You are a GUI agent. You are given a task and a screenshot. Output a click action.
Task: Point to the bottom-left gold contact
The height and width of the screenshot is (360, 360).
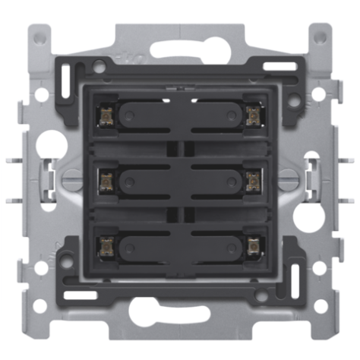(106, 245)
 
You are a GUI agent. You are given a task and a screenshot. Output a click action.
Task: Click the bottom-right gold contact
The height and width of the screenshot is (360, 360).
(253, 245)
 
